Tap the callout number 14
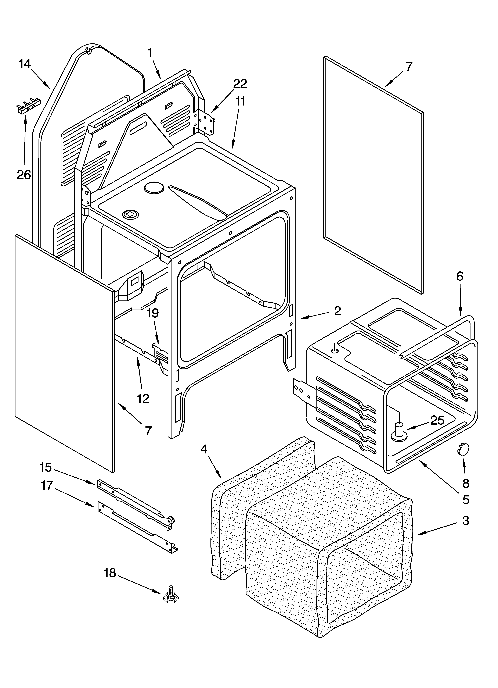click(x=25, y=64)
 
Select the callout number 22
click(x=240, y=84)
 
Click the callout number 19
click(x=153, y=313)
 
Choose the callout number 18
click(x=110, y=573)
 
